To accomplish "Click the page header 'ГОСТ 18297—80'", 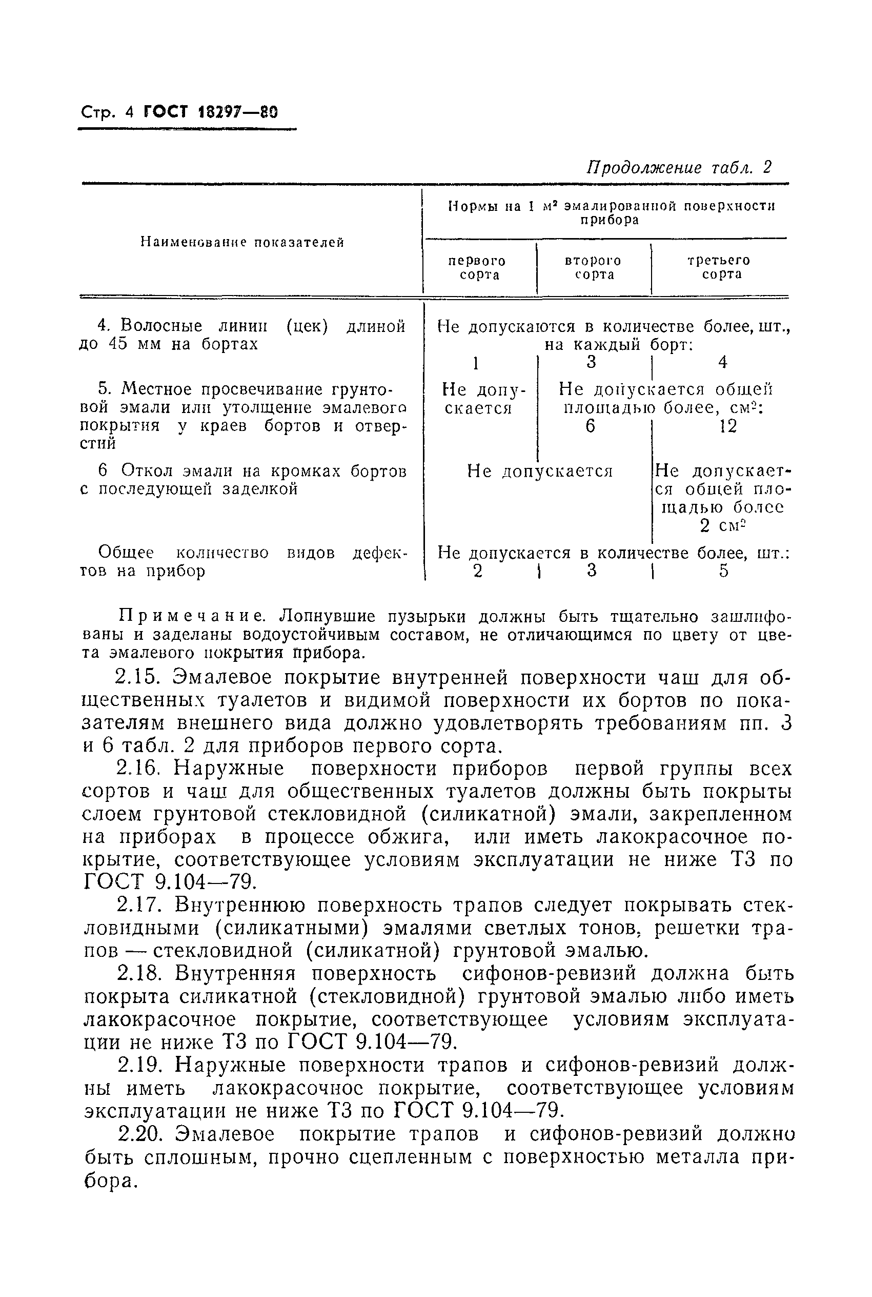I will coord(210,112).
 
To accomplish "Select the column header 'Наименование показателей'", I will coord(242,242).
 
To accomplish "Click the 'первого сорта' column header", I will coord(477,268).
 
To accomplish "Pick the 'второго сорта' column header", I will coord(593,268).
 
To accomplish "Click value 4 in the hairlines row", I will coord(722,362).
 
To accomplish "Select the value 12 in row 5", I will coord(727,426).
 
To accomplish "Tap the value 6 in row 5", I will coord(591,426).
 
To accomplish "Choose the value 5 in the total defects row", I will coord(723,571).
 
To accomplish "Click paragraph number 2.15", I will coord(138,678).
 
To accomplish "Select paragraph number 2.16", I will coord(138,769).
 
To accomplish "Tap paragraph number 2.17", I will coord(138,906).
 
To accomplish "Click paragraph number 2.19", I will coord(138,1065).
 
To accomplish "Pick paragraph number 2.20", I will coord(138,1133).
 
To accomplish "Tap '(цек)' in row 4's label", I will coord(307,326).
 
